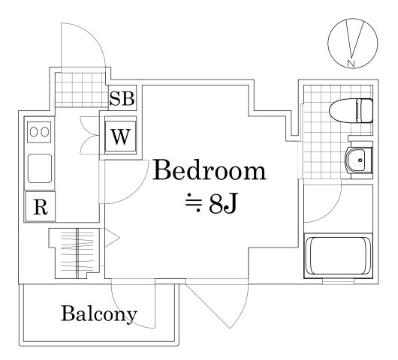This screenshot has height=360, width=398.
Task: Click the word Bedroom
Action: [210, 172]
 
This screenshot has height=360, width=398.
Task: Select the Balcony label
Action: [99, 313]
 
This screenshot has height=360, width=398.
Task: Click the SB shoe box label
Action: [123, 97]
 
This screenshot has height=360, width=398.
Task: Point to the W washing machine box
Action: [120, 137]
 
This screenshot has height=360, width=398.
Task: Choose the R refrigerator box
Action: [39, 207]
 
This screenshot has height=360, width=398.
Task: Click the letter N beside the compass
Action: [351, 64]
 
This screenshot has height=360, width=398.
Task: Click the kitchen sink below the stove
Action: [39, 169]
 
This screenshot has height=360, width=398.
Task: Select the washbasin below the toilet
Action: [357, 160]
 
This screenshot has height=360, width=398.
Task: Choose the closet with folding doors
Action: [74, 251]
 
